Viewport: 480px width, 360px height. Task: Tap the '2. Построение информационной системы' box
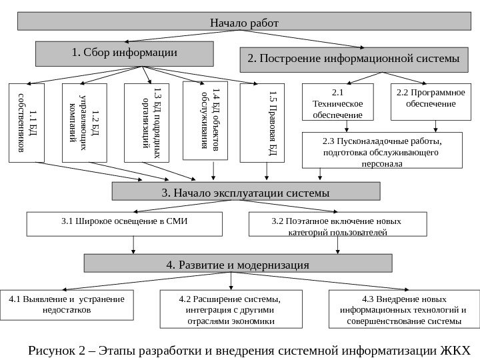pyautogui.click(x=353, y=59)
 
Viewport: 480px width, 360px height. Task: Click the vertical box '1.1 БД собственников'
pyautogui.click(x=27, y=123)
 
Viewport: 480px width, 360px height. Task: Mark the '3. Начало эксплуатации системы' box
pyautogui.click(x=245, y=193)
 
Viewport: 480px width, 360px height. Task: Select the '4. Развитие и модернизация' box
pyautogui.click(x=237, y=265)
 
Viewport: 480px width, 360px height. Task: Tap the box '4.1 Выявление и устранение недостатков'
pyautogui.click(x=67, y=304)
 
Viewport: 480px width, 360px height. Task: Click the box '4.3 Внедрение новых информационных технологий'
pyautogui.click(x=404, y=309)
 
